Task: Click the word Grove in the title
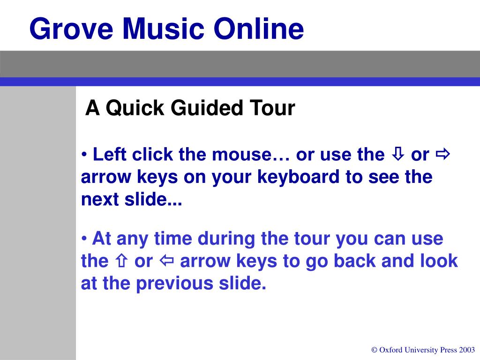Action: pos(71,29)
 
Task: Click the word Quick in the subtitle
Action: pos(135,108)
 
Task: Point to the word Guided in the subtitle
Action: pos(207,109)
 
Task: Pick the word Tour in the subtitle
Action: pos(272,108)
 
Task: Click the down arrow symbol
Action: pos(398,154)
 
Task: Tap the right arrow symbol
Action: pos(442,154)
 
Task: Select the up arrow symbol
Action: pos(121,261)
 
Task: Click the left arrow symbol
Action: pos(167,261)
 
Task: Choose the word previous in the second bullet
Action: pos(174,284)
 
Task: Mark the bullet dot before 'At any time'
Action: pos(84,239)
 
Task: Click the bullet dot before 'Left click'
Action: pos(84,155)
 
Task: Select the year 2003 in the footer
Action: pos(467,350)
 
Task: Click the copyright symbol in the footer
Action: pos(375,350)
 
